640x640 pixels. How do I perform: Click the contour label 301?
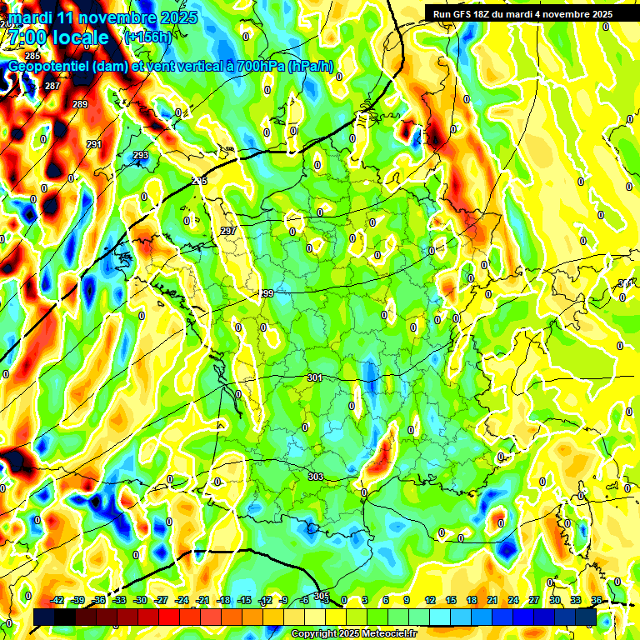(x=314, y=377)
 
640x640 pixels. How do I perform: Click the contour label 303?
(x=316, y=477)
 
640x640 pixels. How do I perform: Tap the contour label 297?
(x=228, y=231)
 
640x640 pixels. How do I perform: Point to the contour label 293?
(x=141, y=155)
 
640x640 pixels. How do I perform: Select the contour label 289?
(x=80, y=104)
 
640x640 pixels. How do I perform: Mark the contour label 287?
(x=52, y=86)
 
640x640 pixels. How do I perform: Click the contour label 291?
(x=93, y=144)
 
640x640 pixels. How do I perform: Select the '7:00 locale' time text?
(x=57, y=37)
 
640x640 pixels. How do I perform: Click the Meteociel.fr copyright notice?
(x=354, y=634)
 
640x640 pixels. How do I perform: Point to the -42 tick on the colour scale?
(x=57, y=600)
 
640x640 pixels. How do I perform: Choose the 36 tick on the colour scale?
(x=596, y=600)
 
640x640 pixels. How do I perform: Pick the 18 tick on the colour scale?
(x=471, y=600)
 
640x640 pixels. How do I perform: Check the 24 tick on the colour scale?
(x=512, y=600)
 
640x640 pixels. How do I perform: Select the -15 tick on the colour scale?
(x=244, y=600)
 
